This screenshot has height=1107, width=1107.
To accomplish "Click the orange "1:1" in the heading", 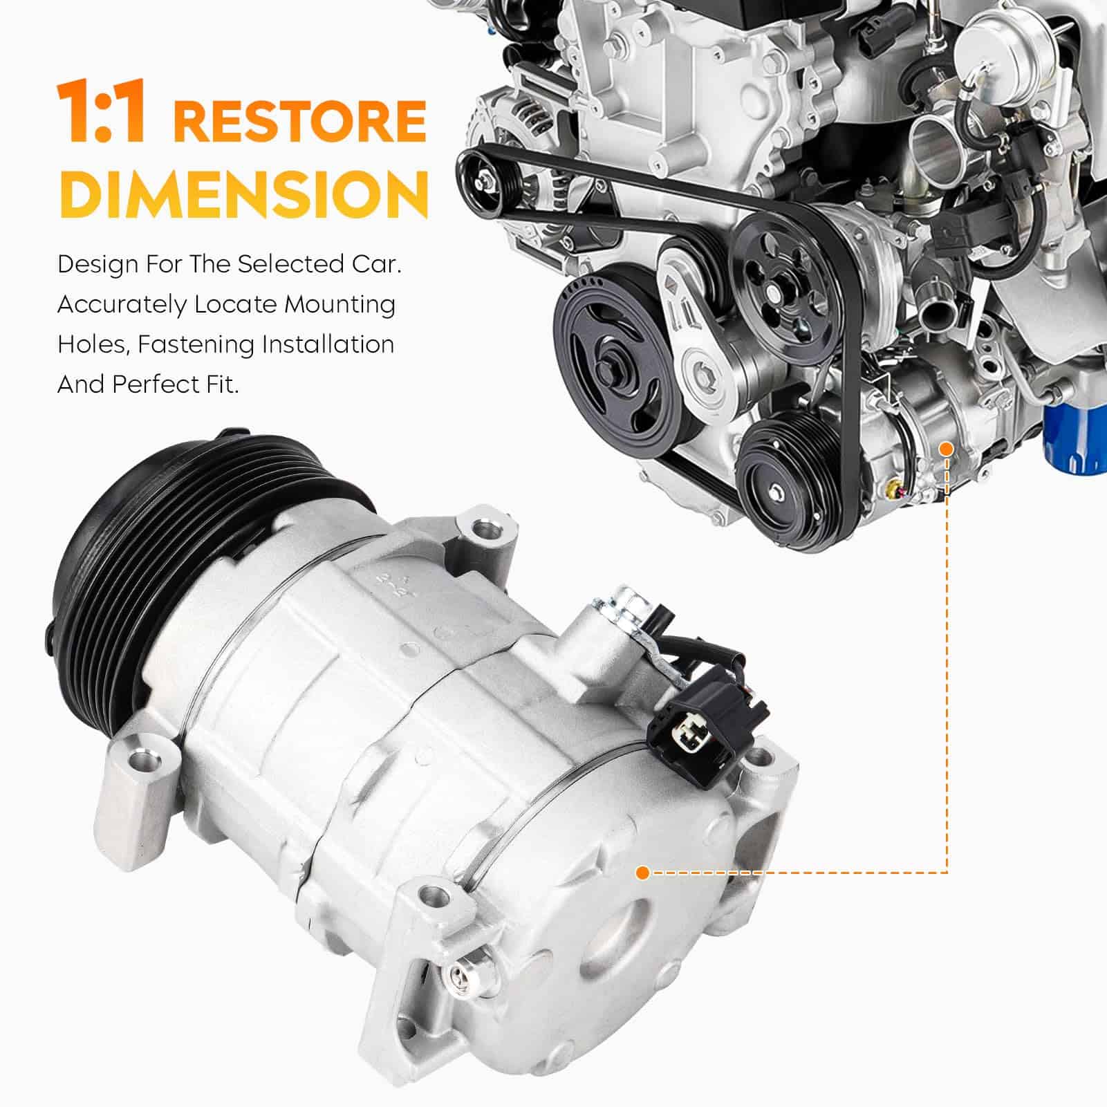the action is (x=102, y=111).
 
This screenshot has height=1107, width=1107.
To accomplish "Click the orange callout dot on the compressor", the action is (x=642, y=873).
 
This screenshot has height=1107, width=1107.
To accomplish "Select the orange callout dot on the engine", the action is (x=947, y=449).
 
